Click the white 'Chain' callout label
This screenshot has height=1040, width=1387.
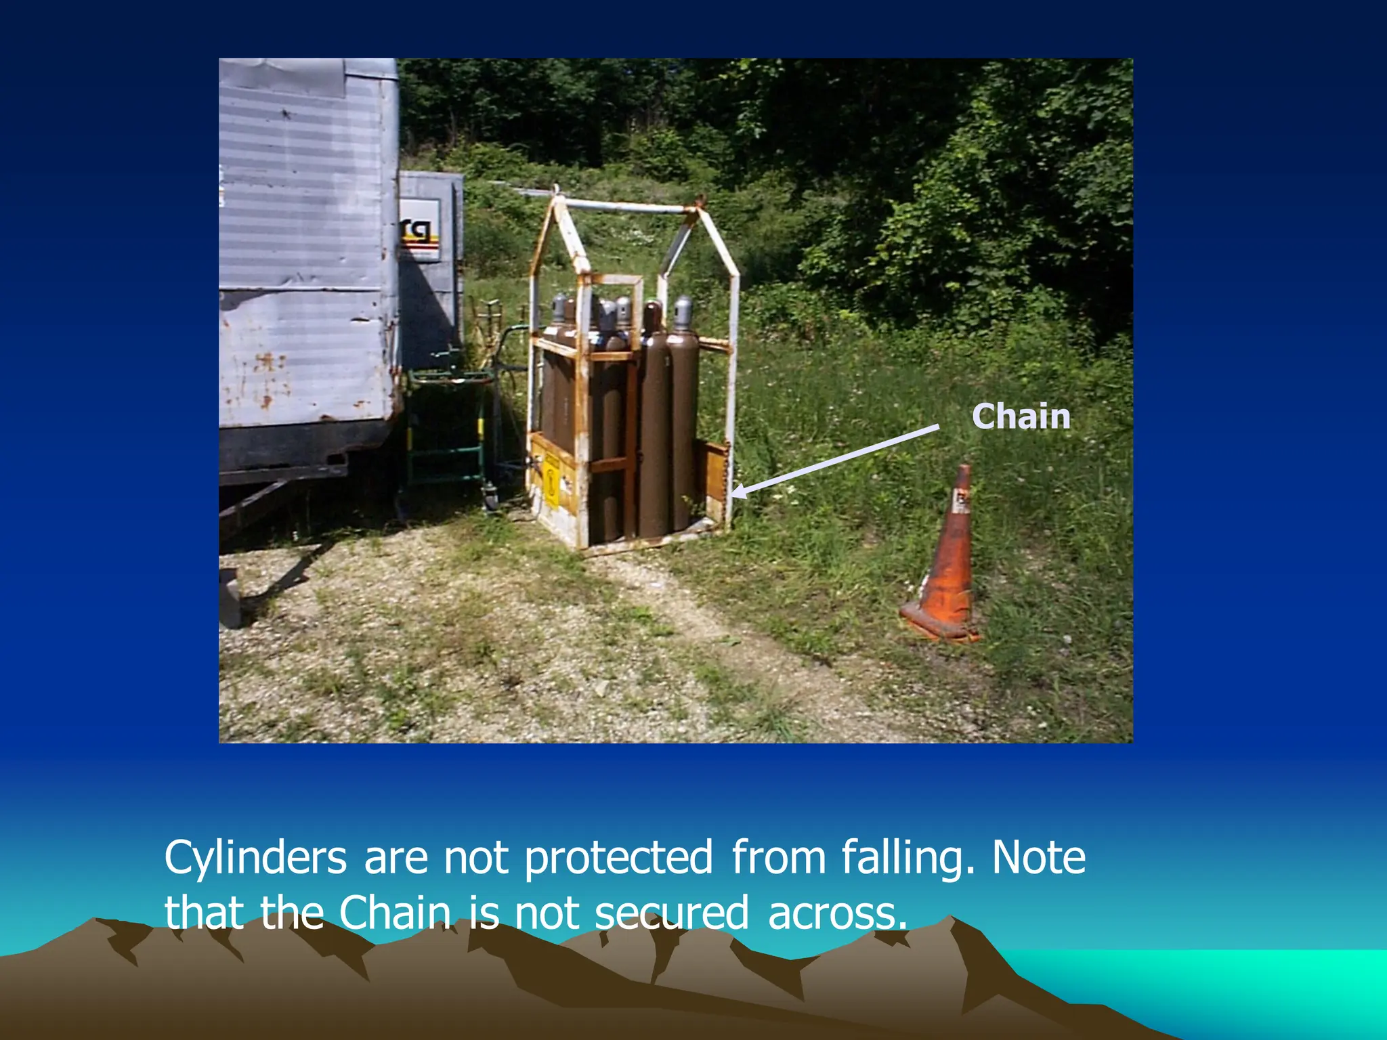point(1021,416)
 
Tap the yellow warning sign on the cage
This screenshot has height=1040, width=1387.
point(552,482)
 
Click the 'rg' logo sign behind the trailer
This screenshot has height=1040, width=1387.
point(419,230)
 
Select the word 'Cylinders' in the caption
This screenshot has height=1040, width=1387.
point(255,858)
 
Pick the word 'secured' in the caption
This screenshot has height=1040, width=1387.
point(671,913)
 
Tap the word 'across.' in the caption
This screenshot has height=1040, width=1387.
point(837,913)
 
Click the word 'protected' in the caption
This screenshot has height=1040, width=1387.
point(618,858)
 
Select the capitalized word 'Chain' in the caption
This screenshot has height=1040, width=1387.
point(395,913)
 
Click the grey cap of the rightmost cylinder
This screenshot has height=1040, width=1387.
point(683,312)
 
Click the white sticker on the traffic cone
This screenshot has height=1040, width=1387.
point(960,502)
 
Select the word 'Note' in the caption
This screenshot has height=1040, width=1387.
point(1038,858)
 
